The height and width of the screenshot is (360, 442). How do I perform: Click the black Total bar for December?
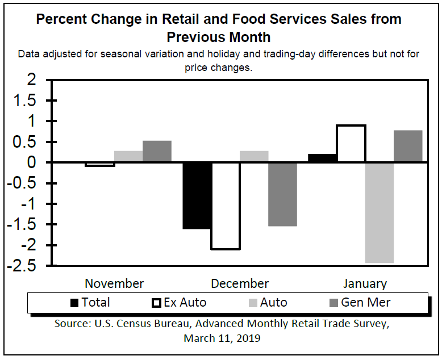coord(197,195)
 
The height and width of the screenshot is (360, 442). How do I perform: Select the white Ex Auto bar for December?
coord(226,206)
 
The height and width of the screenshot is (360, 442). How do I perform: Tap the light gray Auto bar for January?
coord(380,212)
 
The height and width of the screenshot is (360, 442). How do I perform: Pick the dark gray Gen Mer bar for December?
coord(283,194)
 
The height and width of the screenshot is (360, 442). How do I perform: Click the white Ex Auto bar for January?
coord(351,144)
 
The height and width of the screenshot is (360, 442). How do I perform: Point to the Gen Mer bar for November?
coord(157,152)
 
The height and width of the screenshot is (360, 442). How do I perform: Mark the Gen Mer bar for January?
coord(408,146)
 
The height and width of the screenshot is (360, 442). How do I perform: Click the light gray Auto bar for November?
coord(128,157)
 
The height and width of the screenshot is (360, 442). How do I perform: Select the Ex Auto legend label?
coord(185,303)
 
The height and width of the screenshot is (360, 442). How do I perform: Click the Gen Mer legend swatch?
coord(331,303)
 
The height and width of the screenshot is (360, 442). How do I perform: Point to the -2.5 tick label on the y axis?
coord(30,266)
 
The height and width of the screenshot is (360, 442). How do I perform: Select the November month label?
coord(114,283)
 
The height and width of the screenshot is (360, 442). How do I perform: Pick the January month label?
coord(365,283)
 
